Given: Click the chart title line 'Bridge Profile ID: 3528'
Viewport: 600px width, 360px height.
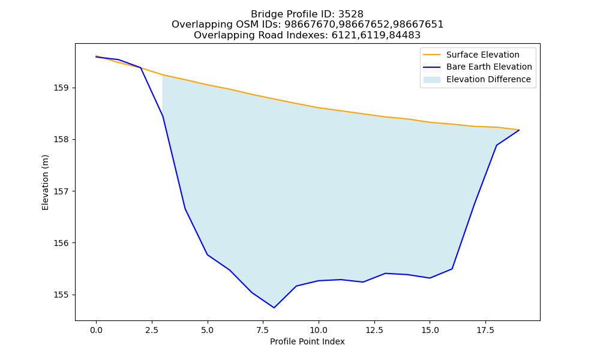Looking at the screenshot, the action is tap(307, 14).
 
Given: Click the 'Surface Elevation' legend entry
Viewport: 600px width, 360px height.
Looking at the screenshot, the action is tap(472, 55).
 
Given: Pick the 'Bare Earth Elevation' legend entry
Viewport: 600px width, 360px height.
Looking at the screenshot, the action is tap(478, 67).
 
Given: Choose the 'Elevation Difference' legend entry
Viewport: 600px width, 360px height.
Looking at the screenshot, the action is tap(477, 79).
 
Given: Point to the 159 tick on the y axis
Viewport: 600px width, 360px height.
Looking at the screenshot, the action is tap(59, 88).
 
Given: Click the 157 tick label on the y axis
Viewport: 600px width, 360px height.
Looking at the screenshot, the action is tap(59, 191).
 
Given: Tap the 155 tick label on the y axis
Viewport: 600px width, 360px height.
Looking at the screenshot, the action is tap(59, 295).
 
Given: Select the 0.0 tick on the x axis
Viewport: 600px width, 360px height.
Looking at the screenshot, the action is tap(96, 330).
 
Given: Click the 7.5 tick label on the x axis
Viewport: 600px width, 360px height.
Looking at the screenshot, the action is tap(263, 330).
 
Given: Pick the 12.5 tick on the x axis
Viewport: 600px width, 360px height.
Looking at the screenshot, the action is tap(374, 330).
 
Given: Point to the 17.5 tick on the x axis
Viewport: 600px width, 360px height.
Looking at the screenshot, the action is tap(485, 330).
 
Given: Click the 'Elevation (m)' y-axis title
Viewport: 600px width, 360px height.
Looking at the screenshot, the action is tap(45, 182).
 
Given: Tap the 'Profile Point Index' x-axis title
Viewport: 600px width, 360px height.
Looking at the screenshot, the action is tap(307, 341).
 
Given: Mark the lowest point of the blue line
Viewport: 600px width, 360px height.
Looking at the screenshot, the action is tap(274, 308).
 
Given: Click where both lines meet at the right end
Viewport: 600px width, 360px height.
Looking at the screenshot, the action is tap(519, 130).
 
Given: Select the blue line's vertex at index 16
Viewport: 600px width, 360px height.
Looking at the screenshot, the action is tap(452, 269).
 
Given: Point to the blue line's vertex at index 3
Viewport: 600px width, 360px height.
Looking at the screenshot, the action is tap(163, 116).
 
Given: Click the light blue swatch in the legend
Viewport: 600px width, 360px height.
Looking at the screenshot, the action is tap(431, 80).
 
